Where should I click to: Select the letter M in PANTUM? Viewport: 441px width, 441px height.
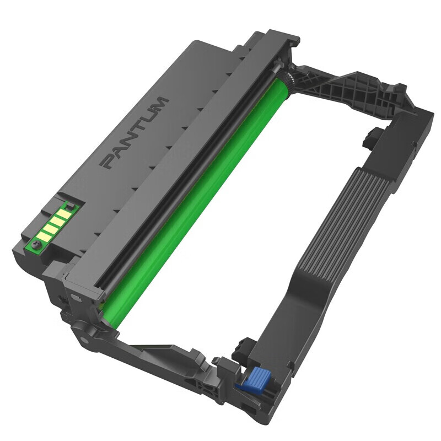[160, 104]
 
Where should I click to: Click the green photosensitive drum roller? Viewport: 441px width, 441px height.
[193, 193]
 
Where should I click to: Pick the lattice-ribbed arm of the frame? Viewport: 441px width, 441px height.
[353, 94]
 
